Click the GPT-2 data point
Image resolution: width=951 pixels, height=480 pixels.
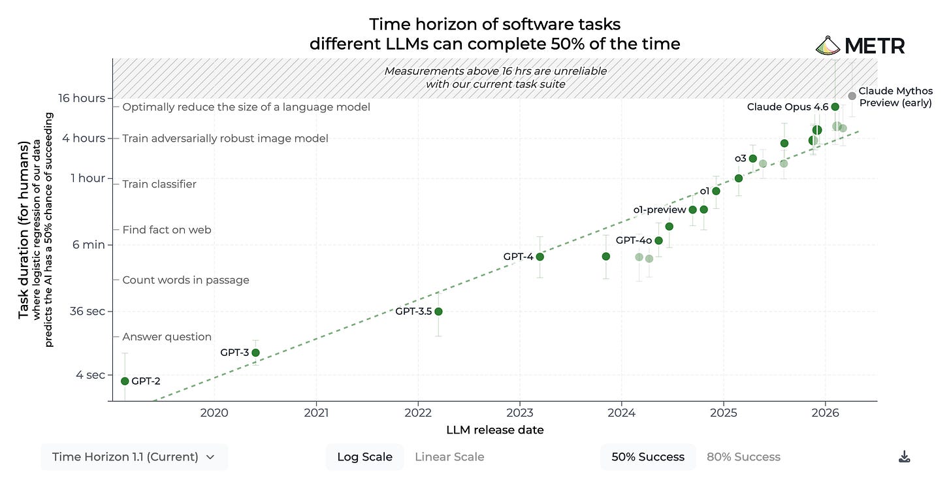(125, 381)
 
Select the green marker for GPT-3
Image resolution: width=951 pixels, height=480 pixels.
(255, 353)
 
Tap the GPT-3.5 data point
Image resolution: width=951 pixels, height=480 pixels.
(438, 312)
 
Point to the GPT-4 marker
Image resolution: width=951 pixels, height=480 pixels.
(540, 257)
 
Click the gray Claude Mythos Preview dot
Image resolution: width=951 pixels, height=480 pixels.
(852, 97)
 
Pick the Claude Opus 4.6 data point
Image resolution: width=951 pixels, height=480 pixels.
(835, 107)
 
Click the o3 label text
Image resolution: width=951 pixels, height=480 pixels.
(741, 158)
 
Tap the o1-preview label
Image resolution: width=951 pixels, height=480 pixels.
(659, 210)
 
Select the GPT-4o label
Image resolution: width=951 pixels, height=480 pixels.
(634, 240)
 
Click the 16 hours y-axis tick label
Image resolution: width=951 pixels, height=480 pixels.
(82, 98)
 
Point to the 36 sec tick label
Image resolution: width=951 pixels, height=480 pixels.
(87, 311)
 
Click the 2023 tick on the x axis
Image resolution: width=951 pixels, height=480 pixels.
(520, 413)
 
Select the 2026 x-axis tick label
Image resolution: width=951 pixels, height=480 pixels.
(826, 413)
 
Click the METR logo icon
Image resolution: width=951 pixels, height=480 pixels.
(828, 46)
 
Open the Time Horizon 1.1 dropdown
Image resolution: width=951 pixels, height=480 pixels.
(134, 457)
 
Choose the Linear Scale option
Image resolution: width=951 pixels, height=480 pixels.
(449, 457)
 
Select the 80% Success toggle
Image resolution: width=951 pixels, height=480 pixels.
(743, 457)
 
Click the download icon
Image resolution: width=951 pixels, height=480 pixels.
(904, 457)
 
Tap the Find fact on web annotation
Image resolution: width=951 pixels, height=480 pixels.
(167, 230)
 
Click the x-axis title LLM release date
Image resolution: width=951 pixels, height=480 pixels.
(495, 430)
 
